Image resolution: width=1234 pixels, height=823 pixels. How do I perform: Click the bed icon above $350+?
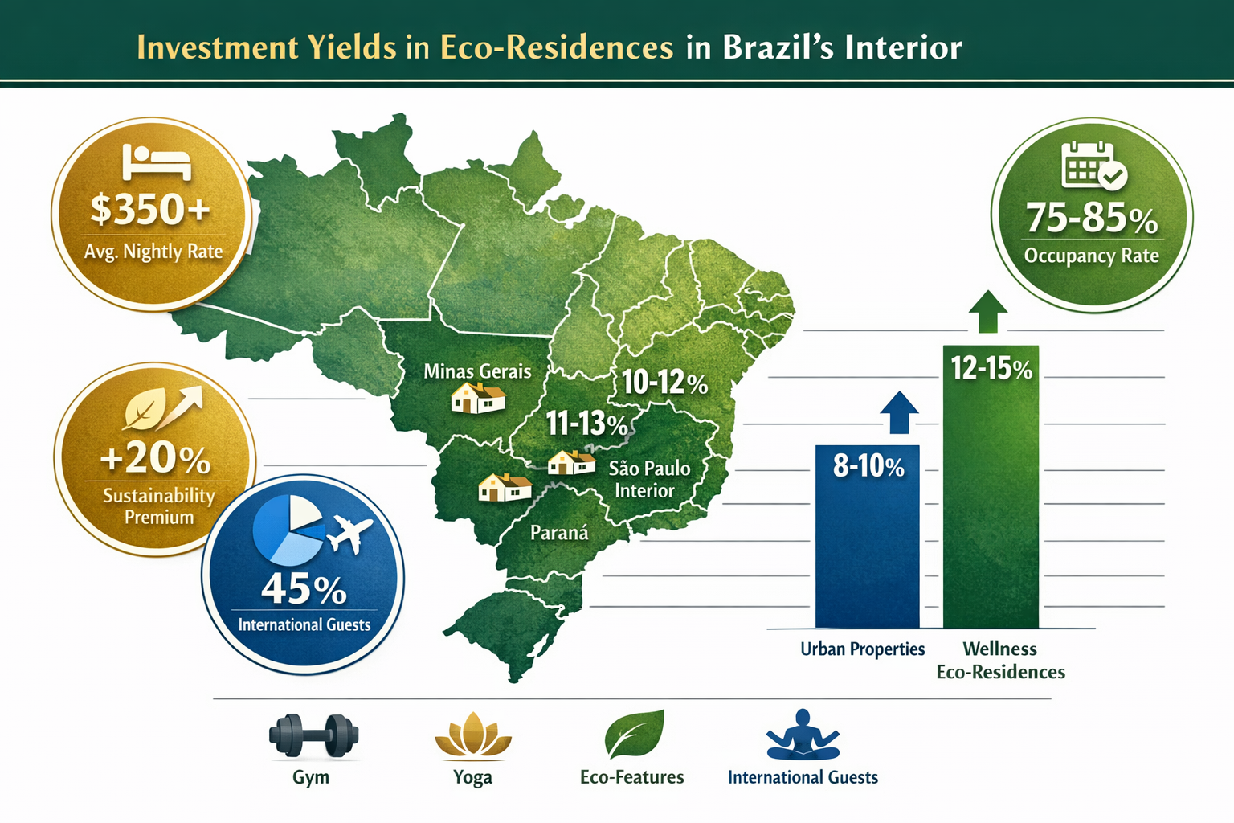(157, 163)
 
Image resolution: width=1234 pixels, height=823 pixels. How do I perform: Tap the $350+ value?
(150, 210)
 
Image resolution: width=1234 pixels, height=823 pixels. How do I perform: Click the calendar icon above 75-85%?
(1093, 166)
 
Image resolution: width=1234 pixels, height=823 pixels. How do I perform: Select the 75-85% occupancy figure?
(1092, 217)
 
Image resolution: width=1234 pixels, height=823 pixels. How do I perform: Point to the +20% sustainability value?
(155, 458)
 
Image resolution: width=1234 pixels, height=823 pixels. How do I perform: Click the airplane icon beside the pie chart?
(350, 533)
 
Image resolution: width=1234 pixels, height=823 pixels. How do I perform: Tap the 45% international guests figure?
(304, 589)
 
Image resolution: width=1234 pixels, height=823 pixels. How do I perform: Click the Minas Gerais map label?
(477, 371)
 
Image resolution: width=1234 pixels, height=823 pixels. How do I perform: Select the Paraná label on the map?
(559, 532)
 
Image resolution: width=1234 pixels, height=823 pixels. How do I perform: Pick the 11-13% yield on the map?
(586, 423)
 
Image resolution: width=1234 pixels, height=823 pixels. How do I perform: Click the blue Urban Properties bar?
(867, 547)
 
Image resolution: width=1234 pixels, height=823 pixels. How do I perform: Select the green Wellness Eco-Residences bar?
(991, 498)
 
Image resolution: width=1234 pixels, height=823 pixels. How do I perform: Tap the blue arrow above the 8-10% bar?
(899, 413)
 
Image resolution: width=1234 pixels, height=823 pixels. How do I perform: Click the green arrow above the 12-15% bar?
(988, 311)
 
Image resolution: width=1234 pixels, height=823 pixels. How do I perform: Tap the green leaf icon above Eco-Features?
(634, 734)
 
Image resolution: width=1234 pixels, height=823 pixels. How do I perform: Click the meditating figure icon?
(803, 735)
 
